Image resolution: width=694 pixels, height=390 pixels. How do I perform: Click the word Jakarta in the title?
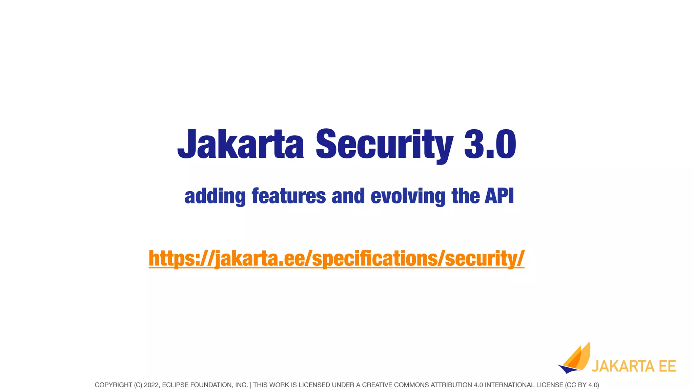pyautogui.click(x=241, y=145)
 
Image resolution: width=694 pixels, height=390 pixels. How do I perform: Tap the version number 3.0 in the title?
pyautogui.click(x=490, y=145)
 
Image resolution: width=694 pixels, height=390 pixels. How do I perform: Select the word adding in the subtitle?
pyautogui.click(x=215, y=196)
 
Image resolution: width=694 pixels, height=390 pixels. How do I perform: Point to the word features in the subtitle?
pyautogui.click(x=289, y=196)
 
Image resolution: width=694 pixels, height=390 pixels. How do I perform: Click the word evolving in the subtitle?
pyautogui.click(x=408, y=196)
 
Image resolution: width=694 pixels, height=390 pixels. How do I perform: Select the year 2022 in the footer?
pyautogui.click(x=151, y=385)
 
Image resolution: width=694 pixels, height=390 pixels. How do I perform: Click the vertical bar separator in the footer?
pyautogui.click(x=250, y=385)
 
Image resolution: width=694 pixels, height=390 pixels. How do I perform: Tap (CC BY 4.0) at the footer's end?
pyautogui.click(x=582, y=385)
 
